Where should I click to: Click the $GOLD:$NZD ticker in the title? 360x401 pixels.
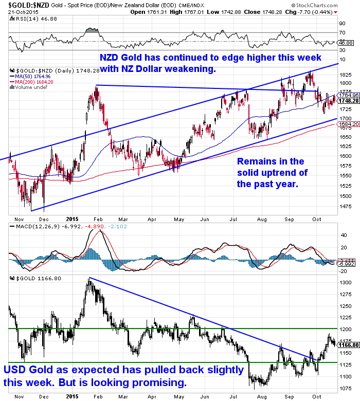click(25, 5)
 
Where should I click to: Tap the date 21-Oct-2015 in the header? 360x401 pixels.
click(16, 12)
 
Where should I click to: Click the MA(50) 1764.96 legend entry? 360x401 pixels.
click(32, 76)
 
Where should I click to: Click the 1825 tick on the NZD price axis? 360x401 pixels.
click(346, 75)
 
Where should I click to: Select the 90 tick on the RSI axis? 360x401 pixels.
click(341, 23)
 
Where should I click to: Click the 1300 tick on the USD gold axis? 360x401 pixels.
click(346, 283)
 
